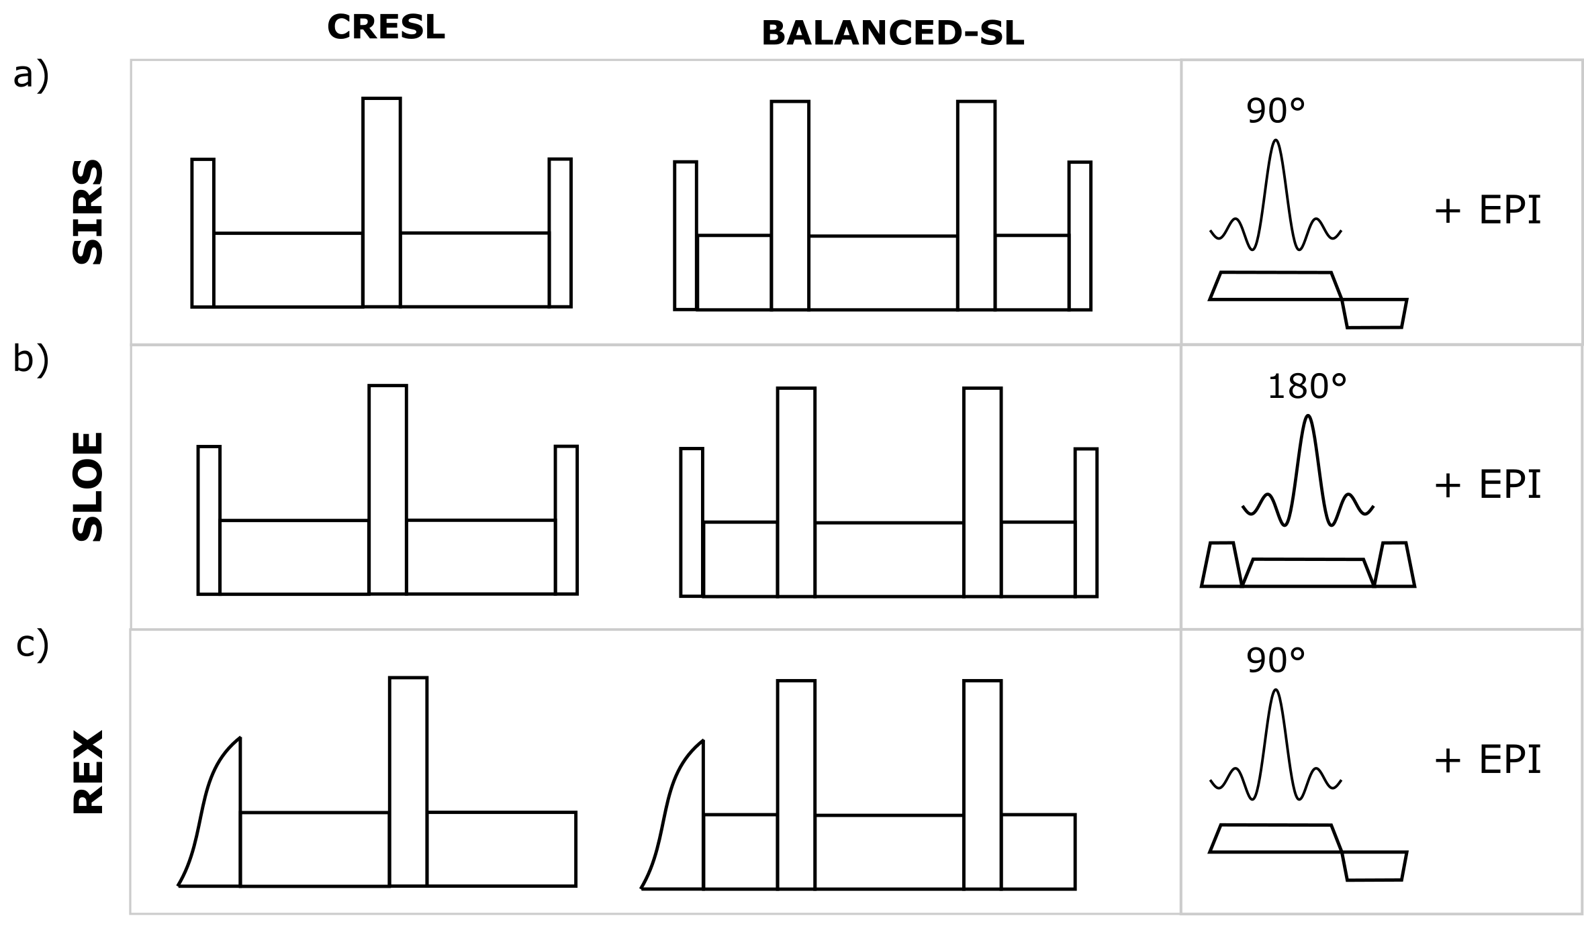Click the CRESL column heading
pos(385,28)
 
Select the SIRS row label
pos(89,212)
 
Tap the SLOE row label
pos(89,486)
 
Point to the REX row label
pos(89,772)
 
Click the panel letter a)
pos(31,75)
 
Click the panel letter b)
pos(31,360)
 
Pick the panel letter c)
pos(32,645)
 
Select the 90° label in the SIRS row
pos(1275,111)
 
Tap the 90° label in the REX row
pos(1275,661)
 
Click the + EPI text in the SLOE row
pos(1487,485)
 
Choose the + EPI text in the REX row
pos(1487,760)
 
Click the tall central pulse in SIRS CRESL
pos(381,202)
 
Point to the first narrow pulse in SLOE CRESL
pos(209,520)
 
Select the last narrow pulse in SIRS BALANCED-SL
pos(1080,236)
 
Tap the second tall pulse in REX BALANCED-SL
pos(982,784)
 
